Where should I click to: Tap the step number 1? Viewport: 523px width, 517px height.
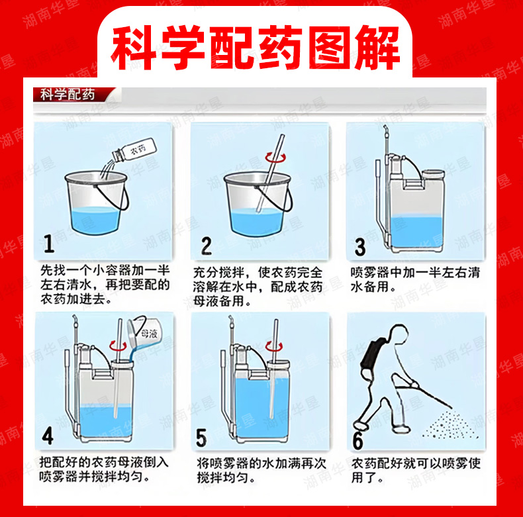49,244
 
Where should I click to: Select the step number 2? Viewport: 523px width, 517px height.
206,246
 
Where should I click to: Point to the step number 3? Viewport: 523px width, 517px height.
360,247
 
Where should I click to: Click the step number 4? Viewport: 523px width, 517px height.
48,436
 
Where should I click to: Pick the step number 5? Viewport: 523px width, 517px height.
201,438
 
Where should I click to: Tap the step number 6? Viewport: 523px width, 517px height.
357,441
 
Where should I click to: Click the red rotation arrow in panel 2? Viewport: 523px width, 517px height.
275,158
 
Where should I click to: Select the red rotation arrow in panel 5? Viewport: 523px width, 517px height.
274,347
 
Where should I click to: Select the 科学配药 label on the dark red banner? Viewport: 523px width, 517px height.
68,95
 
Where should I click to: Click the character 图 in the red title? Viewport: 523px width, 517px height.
329,47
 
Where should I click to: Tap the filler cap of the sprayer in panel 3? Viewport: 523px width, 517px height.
433,175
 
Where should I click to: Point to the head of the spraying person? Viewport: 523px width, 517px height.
399,334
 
